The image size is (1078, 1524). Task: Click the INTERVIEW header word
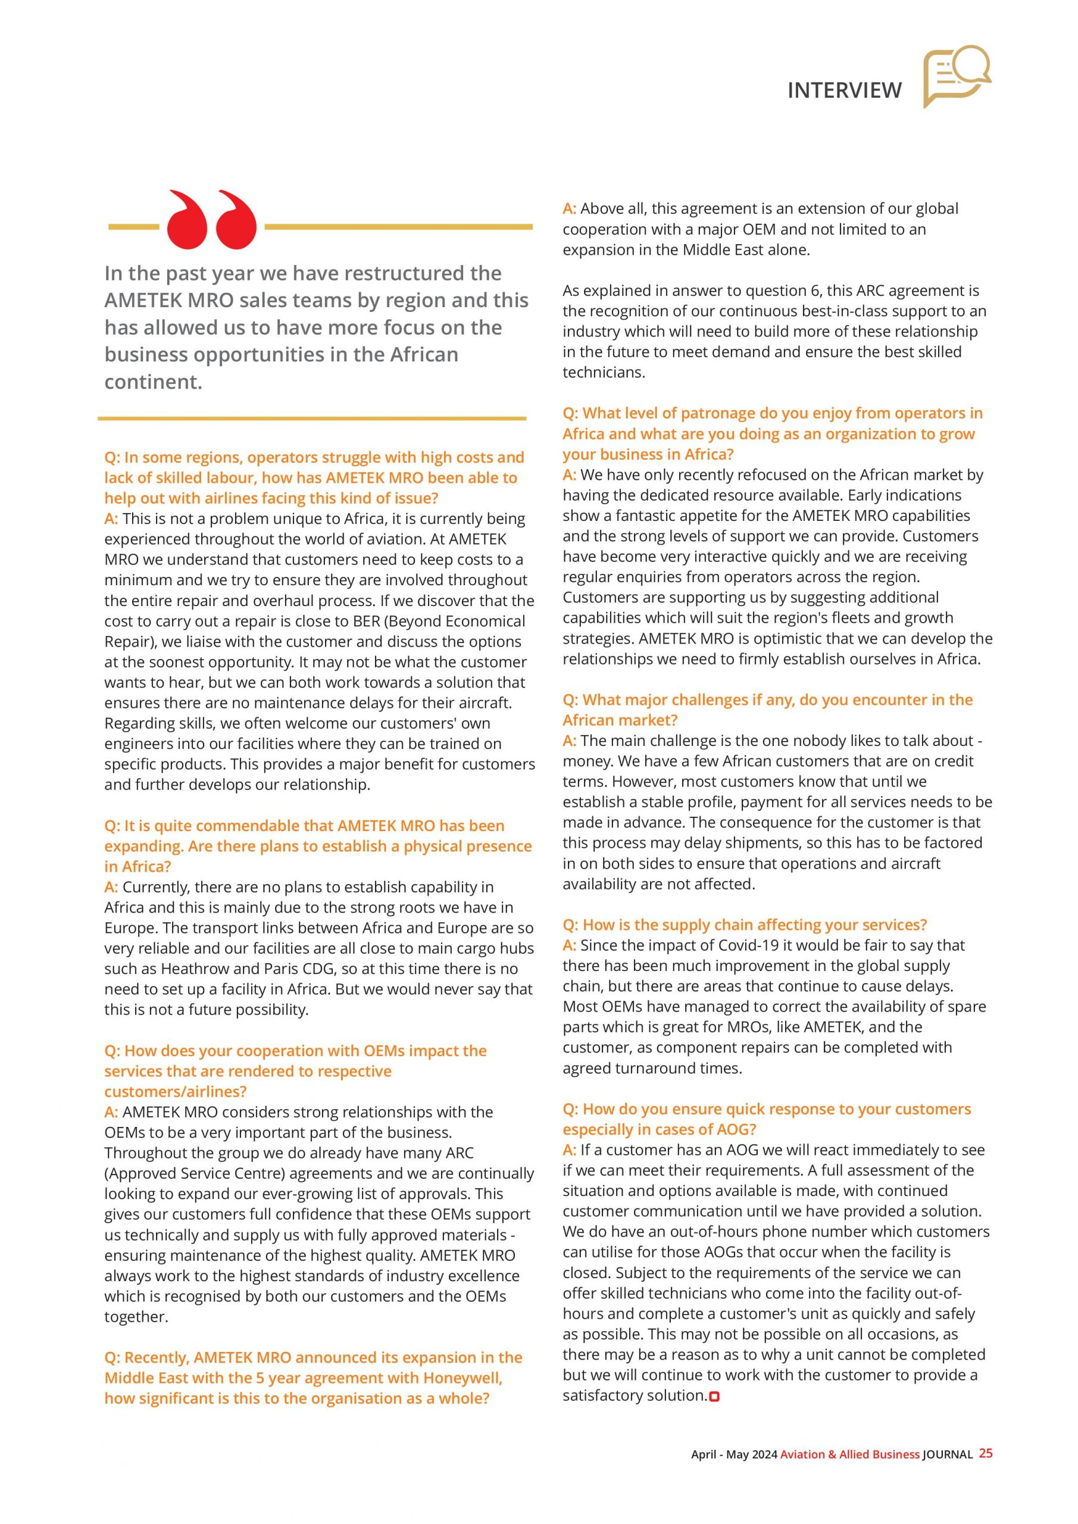click(x=844, y=90)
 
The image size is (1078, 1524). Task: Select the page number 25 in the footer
click(x=986, y=1453)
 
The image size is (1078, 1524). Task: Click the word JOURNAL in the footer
click(x=947, y=1454)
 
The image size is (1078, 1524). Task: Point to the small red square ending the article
click(x=714, y=1397)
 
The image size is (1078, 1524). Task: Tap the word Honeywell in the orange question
click(x=462, y=1378)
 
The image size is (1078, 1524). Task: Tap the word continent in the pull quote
click(x=152, y=382)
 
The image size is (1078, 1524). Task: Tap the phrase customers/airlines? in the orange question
click(x=175, y=1091)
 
